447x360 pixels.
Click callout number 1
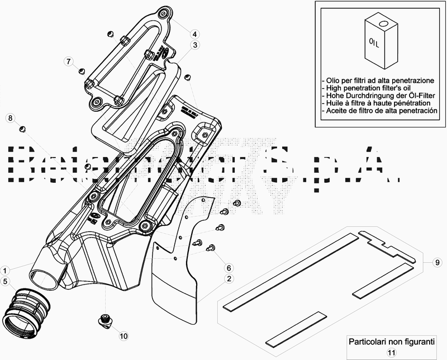(4, 269)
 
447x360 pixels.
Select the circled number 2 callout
(229, 278)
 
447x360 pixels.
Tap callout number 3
(195, 45)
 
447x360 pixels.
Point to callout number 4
(195, 32)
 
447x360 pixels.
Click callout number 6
(229, 267)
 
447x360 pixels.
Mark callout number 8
(10, 117)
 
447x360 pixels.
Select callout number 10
(123, 336)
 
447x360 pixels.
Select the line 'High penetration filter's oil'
(368, 88)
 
